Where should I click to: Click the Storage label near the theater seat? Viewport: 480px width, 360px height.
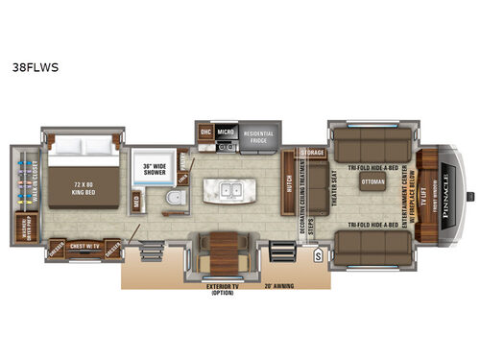313,153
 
